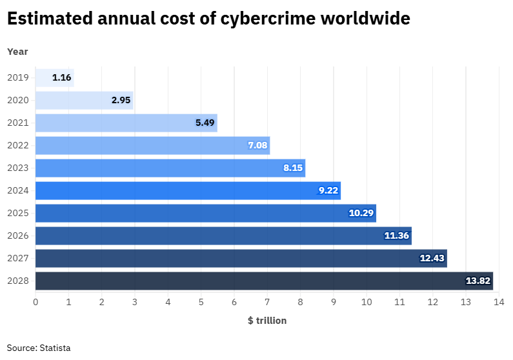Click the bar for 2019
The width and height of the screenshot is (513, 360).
(x=54, y=78)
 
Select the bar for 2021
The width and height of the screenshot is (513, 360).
(x=126, y=123)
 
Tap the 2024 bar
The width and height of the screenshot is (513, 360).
(x=187, y=191)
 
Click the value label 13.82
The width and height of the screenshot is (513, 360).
(x=478, y=281)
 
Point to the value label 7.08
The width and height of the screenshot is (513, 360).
(x=257, y=146)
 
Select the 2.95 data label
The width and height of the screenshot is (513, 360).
(x=121, y=101)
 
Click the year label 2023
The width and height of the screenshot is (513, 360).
(x=18, y=168)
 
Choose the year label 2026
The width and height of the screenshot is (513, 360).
(x=18, y=236)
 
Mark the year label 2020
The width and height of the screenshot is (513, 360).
(x=18, y=101)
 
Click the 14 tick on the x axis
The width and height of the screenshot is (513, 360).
(x=498, y=302)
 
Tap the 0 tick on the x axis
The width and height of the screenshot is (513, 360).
(x=35, y=302)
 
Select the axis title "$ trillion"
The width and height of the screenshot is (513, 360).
(x=267, y=321)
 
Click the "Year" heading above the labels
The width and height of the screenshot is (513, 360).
(x=17, y=52)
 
